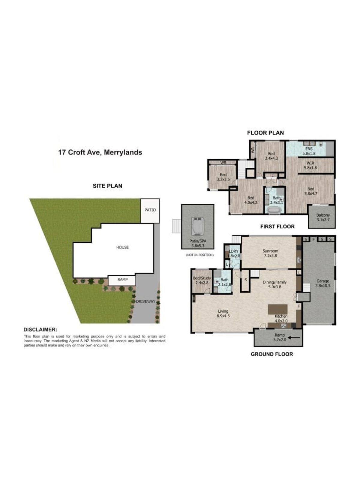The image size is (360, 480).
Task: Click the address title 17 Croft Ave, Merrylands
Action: (100, 152)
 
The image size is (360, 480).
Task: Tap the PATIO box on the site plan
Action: (150, 210)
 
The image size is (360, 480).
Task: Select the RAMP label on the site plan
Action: (122, 280)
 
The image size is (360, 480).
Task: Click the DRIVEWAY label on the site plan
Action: (145, 301)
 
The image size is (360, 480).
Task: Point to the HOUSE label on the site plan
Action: (122, 247)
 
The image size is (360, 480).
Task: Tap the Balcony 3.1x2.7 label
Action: (323, 217)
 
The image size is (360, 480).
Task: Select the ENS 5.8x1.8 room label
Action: (309, 151)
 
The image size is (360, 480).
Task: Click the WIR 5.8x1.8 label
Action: (310, 166)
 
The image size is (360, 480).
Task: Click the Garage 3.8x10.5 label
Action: (322, 283)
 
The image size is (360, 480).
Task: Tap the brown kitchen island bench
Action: (277, 309)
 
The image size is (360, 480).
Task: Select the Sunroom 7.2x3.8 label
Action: (270, 253)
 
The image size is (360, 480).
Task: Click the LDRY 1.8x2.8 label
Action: (233, 253)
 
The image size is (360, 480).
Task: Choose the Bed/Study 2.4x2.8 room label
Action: (202, 280)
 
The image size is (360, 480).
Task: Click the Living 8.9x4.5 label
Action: (223, 313)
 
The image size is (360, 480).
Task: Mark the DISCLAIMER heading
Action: (40, 330)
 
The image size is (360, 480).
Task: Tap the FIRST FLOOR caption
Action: (277, 226)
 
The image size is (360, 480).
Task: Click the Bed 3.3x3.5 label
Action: (223, 177)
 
